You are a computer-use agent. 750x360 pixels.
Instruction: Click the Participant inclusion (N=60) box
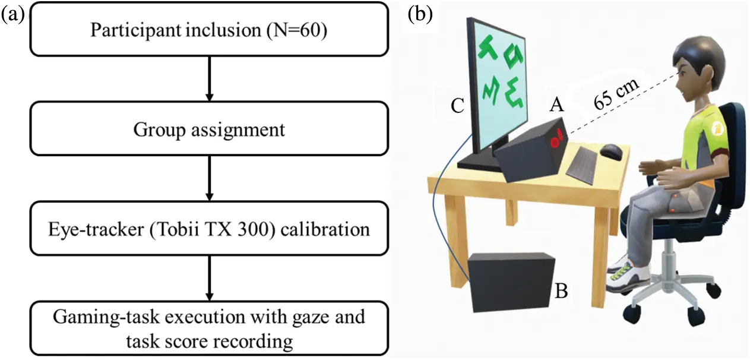208,30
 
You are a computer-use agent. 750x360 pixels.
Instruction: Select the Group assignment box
208,129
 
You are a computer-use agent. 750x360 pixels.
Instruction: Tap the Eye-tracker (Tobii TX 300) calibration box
208,229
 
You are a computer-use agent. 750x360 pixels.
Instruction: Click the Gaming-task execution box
208,329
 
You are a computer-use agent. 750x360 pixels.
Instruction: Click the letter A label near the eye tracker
556,105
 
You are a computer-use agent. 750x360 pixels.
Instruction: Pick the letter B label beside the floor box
562,291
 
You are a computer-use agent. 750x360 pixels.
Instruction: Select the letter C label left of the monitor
457,106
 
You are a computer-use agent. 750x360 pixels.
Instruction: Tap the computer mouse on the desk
612,151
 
